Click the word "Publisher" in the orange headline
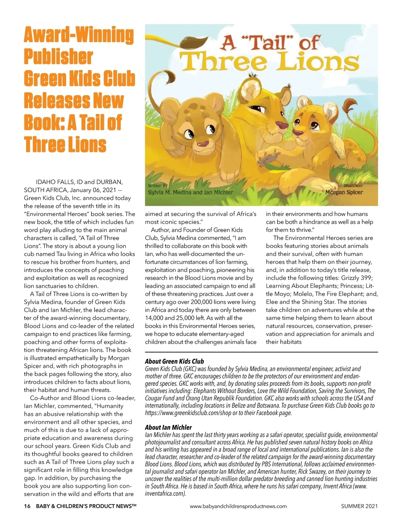click(58, 57)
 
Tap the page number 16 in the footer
click(27, 506)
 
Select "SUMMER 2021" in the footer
click(359, 506)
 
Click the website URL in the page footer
click(238, 506)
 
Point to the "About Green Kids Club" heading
click(174, 361)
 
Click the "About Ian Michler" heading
click(168, 427)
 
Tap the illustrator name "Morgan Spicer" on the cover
click(344, 192)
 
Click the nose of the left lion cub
click(202, 144)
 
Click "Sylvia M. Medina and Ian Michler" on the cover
click(190, 192)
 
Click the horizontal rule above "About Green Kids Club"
click(261, 352)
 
